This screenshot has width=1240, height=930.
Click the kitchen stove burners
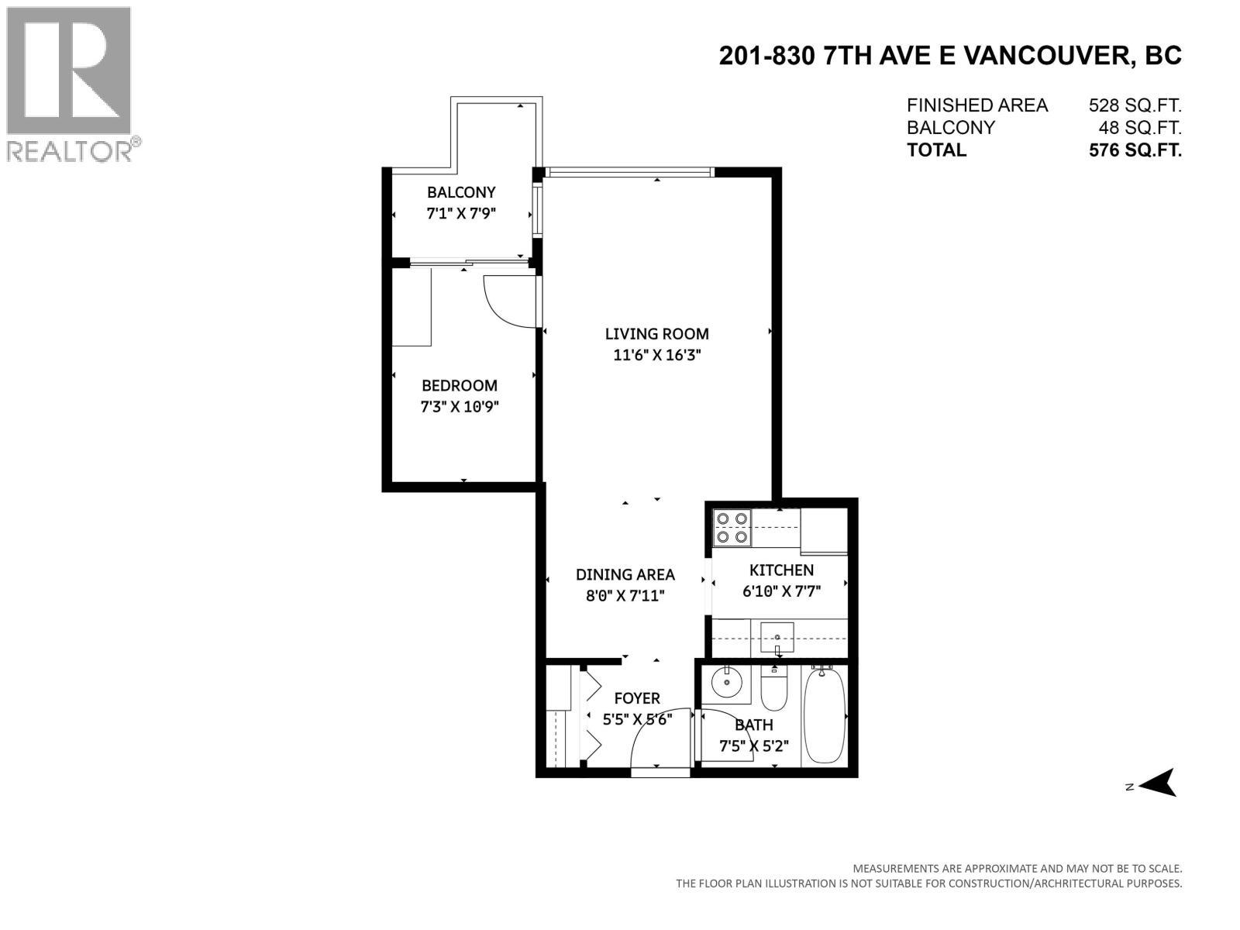[x=732, y=528]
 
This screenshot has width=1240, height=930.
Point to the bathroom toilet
[x=774, y=689]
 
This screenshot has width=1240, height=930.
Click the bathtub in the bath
[x=825, y=717]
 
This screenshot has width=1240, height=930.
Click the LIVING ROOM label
[x=656, y=334]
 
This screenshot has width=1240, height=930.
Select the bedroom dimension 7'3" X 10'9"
[x=459, y=407]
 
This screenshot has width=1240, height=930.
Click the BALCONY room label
[x=461, y=192]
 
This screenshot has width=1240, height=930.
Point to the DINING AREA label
[x=625, y=574]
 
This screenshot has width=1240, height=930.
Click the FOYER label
[x=637, y=698]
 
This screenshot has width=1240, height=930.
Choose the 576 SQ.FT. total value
[x=1135, y=150]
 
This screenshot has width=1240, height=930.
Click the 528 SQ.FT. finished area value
[x=1135, y=105]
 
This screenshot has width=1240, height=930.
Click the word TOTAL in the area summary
[x=936, y=150]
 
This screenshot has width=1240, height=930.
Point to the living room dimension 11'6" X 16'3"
[x=656, y=356]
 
